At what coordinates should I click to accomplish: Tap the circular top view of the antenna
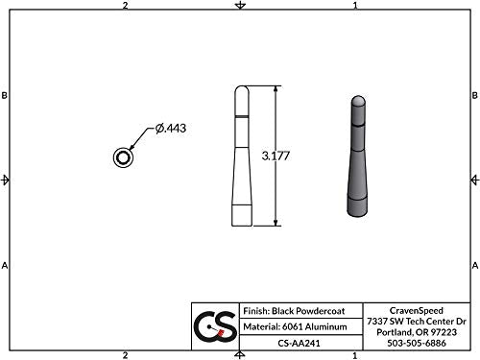click(124, 157)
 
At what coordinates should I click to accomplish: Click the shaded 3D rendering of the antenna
click(356, 157)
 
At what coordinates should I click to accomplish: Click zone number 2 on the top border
click(126, 6)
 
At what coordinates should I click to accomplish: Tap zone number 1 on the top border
click(355, 6)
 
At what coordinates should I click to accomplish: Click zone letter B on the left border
click(6, 96)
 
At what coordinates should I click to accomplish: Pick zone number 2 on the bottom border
click(126, 354)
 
